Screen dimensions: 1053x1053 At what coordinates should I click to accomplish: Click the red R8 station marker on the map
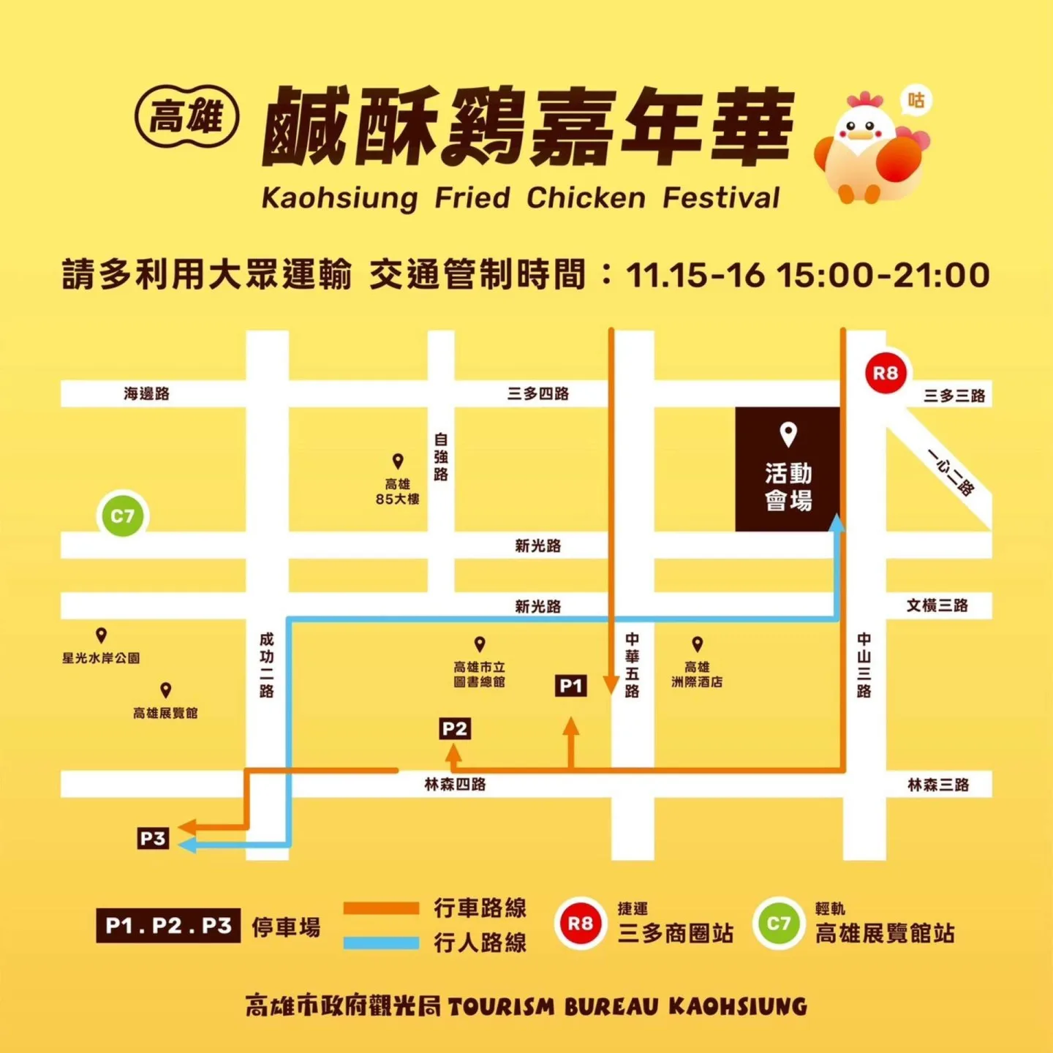pyautogui.click(x=886, y=373)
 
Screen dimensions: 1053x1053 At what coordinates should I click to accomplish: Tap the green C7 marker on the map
pyautogui.click(x=122, y=516)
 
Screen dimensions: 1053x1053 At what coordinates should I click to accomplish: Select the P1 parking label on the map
pyautogui.click(x=570, y=686)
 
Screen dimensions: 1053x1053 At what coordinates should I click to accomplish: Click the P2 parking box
pyautogui.click(x=454, y=728)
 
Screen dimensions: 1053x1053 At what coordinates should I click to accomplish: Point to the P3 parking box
pyautogui.click(x=153, y=838)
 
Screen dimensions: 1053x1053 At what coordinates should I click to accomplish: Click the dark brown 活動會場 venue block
pyautogui.click(x=788, y=469)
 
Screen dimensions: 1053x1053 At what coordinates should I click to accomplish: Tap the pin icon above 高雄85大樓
pyautogui.click(x=398, y=461)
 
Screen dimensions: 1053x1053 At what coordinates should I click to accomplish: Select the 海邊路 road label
pyautogui.click(x=146, y=393)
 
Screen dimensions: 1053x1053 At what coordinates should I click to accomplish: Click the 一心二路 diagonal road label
pyautogui.click(x=951, y=472)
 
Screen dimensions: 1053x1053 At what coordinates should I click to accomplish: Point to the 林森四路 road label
pyautogui.click(x=455, y=785)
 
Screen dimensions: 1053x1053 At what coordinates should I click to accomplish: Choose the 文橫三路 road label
pyautogui.click(x=937, y=605)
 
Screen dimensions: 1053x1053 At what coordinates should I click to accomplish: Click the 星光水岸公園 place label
pyautogui.click(x=101, y=658)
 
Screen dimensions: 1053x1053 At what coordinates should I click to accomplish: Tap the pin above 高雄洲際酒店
pyautogui.click(x=697, y=643)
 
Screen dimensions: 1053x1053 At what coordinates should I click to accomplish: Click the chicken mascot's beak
pyautogui.click(x=861, y=135)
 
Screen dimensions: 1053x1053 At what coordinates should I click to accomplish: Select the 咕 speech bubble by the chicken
pyautogui.click(x=916, y=100)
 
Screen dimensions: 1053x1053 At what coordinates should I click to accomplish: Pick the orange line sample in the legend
pyautogui.click(x=381, y=908)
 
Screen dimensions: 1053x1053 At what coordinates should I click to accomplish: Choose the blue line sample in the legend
pyautogui.click(x=381, y=943)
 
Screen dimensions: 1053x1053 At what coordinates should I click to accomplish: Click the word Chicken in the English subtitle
pyautogui.click(x=586, y=198)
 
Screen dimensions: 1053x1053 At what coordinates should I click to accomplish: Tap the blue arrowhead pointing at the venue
pyautogui.click(x=838, y=522)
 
